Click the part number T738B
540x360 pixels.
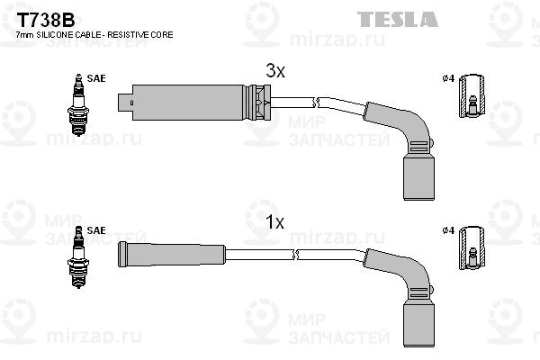point(46,21)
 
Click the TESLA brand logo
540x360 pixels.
point(398,19)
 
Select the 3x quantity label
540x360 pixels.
point(275,71)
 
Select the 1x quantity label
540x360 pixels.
point(275,222)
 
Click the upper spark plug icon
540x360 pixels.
point(78,104)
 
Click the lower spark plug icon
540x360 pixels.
point(78,257)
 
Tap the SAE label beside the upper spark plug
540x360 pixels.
point(96,78)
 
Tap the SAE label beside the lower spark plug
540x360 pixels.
point(96,230)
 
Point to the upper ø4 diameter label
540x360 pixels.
point(448,78)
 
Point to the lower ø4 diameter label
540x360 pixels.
point(448,230)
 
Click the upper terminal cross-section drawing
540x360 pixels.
point(472,96)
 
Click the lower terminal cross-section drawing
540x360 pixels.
point(472,248)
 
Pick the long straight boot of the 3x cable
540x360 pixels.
point(193,103)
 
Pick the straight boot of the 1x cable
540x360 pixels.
point(172,255)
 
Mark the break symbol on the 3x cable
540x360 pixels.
point(316,102)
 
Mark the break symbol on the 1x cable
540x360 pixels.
point(295,255)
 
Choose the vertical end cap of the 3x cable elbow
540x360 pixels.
point(418,176)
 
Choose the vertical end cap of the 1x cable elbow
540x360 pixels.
point(418,323)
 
